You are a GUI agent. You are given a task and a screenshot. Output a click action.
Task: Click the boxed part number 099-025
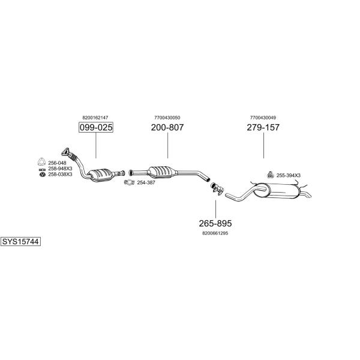click(96, 127)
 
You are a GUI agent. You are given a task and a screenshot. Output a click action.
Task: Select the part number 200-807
click(167, 127)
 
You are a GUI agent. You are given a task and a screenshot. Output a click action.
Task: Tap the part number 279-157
click(263, 127)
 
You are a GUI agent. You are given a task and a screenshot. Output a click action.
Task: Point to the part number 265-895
click(215, 223)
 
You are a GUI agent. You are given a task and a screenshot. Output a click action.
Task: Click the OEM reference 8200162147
click(95, 118)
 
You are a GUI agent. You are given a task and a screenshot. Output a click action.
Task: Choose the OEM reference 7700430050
click(167, 118)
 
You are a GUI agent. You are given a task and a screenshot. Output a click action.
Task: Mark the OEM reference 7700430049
click(263, 118)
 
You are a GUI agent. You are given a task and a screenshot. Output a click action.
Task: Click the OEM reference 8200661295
click(215, 233)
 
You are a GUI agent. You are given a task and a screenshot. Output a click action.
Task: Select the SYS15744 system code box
click(20, 242)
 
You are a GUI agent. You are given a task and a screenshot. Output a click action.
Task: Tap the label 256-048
click(57, 163)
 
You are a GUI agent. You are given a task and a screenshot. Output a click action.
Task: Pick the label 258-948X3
click(60, 169)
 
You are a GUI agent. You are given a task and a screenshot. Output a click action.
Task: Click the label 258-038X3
click(60, 175)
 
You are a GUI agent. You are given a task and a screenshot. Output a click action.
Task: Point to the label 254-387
click(146, 183)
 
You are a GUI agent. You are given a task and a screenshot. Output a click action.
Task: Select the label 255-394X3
click(289, 175)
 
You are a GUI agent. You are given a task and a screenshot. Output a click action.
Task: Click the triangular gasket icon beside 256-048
click(41, 162)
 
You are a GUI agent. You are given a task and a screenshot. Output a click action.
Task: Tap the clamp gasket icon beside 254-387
click(129, 182)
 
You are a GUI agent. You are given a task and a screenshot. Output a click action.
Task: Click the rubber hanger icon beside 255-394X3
click(271, 175)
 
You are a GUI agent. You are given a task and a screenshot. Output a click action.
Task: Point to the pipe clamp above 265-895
click(217, 189)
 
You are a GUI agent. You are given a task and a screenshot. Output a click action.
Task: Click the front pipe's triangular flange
click(65, 152)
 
